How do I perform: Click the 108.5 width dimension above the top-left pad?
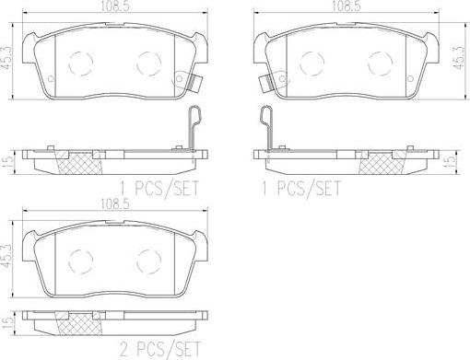click(x=114, y=6)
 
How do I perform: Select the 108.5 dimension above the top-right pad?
click(x=346, y=6)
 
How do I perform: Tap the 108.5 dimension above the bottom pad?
click(x=114, y=204)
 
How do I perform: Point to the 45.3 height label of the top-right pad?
click(x=460, y=58)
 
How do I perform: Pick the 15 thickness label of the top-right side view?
click(x=451, y=160)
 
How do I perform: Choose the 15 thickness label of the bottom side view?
click(x=8, y=320)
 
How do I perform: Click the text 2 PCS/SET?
click(x=159, y=349)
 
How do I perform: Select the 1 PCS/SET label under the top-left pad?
click(x=159, y=188)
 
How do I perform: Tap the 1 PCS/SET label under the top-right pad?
click(x=301, y=188)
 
